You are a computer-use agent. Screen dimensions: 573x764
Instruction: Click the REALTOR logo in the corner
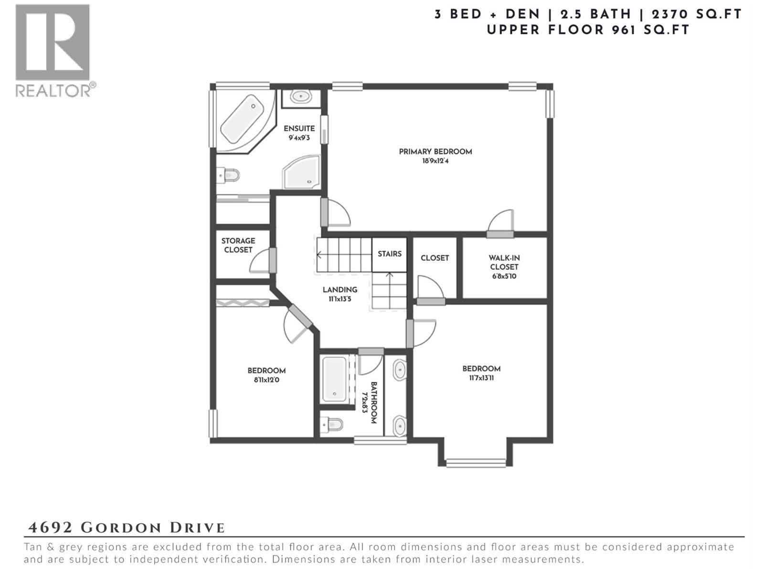click(x=53, y=50)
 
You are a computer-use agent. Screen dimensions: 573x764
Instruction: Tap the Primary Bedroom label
click(x=435, y=152)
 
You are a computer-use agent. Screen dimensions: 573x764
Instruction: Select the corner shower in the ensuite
click(x=301, y=173)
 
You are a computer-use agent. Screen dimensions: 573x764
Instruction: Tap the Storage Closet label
click(x=238, y=245)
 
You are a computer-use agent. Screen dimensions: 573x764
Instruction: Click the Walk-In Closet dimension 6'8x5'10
click(x=504, y=276)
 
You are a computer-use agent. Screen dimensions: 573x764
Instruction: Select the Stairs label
click(x=389, y=254)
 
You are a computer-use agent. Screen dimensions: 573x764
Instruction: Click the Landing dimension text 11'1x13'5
click(x=340, y=299)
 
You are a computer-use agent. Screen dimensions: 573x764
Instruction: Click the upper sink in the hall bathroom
click(x=399, y=370)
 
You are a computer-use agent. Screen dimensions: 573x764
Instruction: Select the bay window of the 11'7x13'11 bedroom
click(x=475, y=462)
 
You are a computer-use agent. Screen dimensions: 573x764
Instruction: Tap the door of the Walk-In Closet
click(x=500, y=233)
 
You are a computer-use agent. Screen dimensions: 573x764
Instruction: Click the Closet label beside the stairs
click(x=435, y=258)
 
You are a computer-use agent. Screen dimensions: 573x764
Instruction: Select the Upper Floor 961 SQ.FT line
click(x=588, y=30)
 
